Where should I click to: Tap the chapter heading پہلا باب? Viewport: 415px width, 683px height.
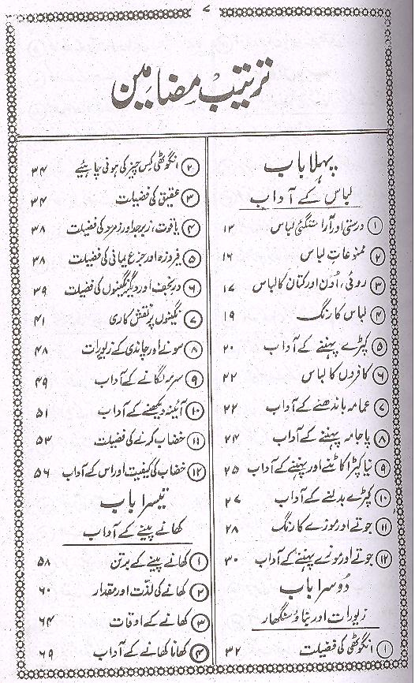(302, 167)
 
